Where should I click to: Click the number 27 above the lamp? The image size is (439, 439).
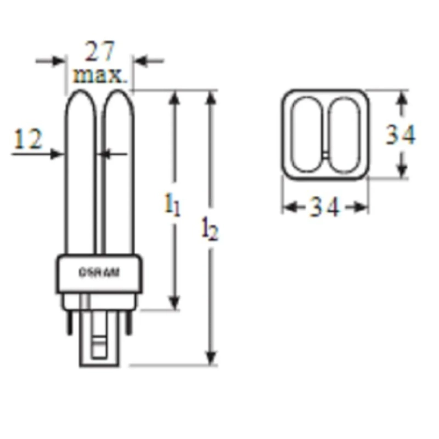(x=101, y=52)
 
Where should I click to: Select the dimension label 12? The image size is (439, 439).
(x=27, y=140)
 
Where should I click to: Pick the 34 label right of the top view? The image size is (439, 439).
(x=400, y=134)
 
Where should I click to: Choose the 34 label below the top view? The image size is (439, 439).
(x=324, y=207)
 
